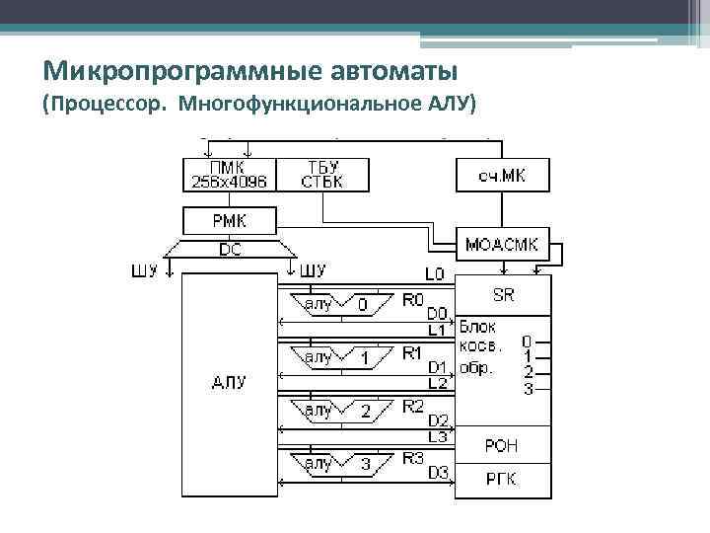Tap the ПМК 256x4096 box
pyautogui.click(x=230, y=174)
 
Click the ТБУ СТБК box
pyautogui.click(x=323, y=174)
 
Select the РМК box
pyautogui.click(x=230, y=219)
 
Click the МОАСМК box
pyautogui.click(x=502, y=243)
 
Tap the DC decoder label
pyautogui.click(x=229, y=251)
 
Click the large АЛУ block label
pyautogui.click(x=229, y=381)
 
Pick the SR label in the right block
pyautogui.click(x=502, y=295)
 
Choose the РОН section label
pyautogui.click(x=501, y=446)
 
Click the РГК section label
pyautogui.click(x=501, y=479)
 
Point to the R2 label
pyautogui.click(x=413, y=406)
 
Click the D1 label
pyautogui.click(x=437, y=367)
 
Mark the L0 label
pyautogui.click(x=434, y=272)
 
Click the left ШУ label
pyautogui.click(x=144, y=270)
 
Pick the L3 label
pyautogui.click(x=437, y=435)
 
